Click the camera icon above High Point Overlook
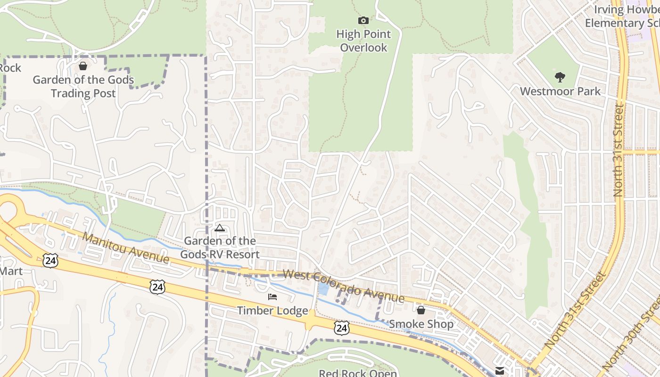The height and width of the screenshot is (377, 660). coord(363,20)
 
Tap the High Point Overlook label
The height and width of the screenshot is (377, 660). coord(363,41)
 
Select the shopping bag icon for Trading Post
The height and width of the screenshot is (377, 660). coord(83,66)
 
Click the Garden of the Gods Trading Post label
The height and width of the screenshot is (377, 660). coord(83,87)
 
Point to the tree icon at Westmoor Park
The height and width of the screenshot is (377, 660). coord(560,77)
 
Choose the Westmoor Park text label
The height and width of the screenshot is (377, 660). coord(560,91)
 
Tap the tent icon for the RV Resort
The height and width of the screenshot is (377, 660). coord(219,229)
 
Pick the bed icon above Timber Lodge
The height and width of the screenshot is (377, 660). coord(272,297)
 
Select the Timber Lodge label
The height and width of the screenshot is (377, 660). coord(272,311)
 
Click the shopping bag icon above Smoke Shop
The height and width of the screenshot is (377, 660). coord(421,310)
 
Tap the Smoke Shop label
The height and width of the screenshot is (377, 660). coord(421,324)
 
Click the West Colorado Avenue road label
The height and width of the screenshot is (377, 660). coord(344,286)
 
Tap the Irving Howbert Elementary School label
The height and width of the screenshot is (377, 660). coord(622,16)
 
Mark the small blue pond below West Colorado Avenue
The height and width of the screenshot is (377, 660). coord(324,289)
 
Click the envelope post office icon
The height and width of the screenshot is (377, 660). coord(500,370)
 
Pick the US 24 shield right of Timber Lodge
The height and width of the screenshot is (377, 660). coord(342,328)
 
